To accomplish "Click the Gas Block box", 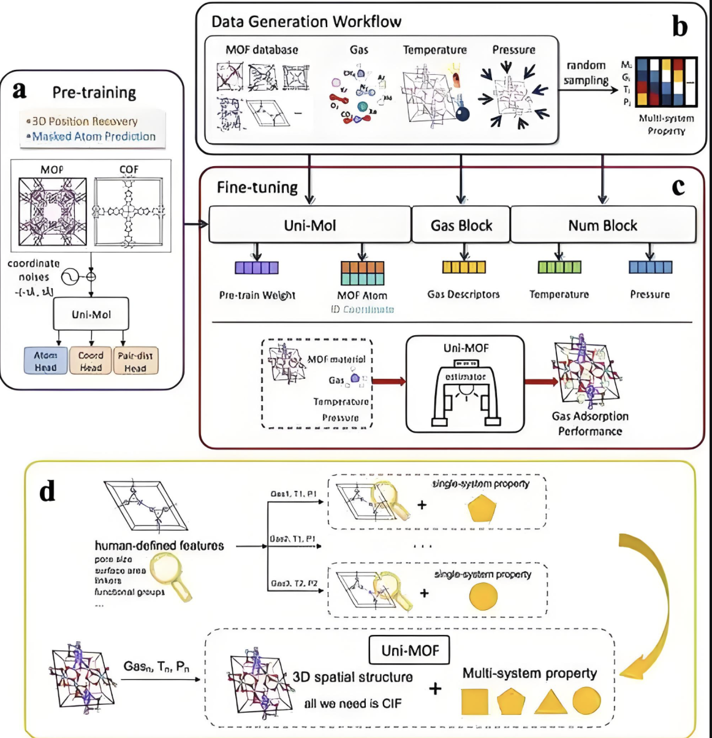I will point(461,225).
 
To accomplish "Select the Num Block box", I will point(603,225).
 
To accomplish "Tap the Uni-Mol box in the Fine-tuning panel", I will point(309,225).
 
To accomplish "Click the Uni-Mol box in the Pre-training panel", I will point(91,314).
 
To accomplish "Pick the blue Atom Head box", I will point(45,361).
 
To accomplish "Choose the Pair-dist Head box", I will point(135,361).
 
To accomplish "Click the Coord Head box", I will point(91,361).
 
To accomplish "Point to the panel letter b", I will point(680,27).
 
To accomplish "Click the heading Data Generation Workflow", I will point(306,22).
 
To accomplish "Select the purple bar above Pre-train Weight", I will point(257,268).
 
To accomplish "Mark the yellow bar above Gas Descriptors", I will point(464,267).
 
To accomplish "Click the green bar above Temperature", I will point(559,267).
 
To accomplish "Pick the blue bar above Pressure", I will point(650,267).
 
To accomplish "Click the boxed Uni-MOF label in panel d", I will point(410,650).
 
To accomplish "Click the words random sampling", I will point(586,72).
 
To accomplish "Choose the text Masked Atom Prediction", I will point(94,137).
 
